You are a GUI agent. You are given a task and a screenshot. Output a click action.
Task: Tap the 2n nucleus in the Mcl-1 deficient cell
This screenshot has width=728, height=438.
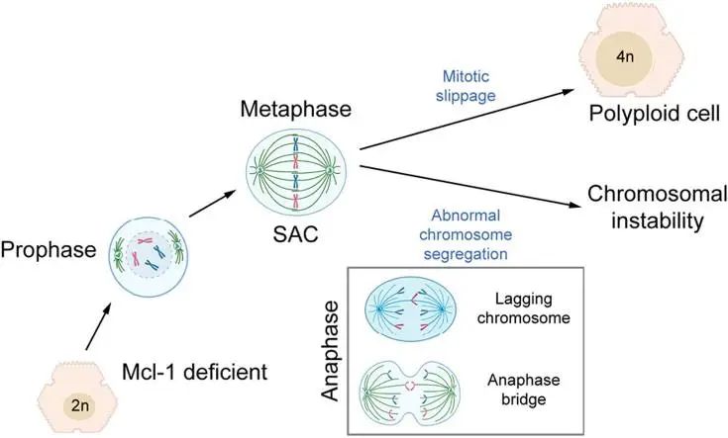click(79, 403)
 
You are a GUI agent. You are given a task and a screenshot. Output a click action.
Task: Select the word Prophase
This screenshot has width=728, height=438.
click(50, 249)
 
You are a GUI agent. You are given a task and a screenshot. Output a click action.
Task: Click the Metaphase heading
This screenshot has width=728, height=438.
click(293, 106)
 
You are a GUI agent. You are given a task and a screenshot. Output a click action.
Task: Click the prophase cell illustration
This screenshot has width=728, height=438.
click(149, 252)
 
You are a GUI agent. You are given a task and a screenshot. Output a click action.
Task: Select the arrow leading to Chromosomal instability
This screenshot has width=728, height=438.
click(466, 186)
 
